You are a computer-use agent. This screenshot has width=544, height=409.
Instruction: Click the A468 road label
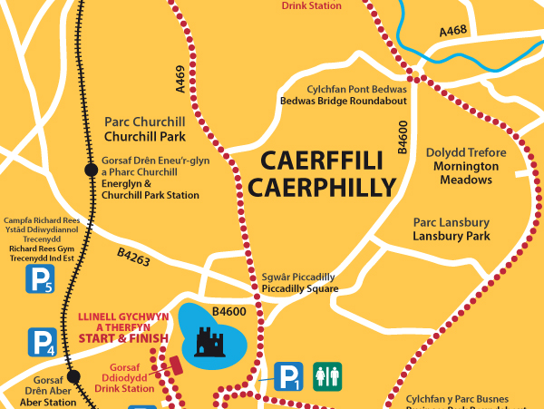[x=453, y=32]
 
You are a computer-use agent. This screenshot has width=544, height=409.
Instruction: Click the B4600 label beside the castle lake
[x=229, y=311]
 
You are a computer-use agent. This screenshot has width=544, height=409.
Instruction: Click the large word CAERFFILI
[x=321, y=161]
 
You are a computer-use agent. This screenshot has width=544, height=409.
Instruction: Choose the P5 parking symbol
[x=38, y=279]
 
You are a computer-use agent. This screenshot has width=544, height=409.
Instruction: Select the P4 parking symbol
[x=42, y=342]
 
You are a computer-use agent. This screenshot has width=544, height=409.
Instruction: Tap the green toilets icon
[x=326, y=375]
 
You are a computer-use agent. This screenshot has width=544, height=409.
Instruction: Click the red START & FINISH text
[x=123, y=338]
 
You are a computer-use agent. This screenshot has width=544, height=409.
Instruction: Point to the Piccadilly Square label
[x=298, y=289]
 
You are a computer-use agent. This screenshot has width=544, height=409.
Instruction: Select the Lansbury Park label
[x=451, y=236]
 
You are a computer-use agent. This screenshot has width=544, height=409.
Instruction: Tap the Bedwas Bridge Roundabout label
[x=344, y=101]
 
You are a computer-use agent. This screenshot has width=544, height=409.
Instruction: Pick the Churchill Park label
[x=145, y=137]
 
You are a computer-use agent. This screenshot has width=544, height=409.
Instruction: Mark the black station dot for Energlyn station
[x=90, y=170]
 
